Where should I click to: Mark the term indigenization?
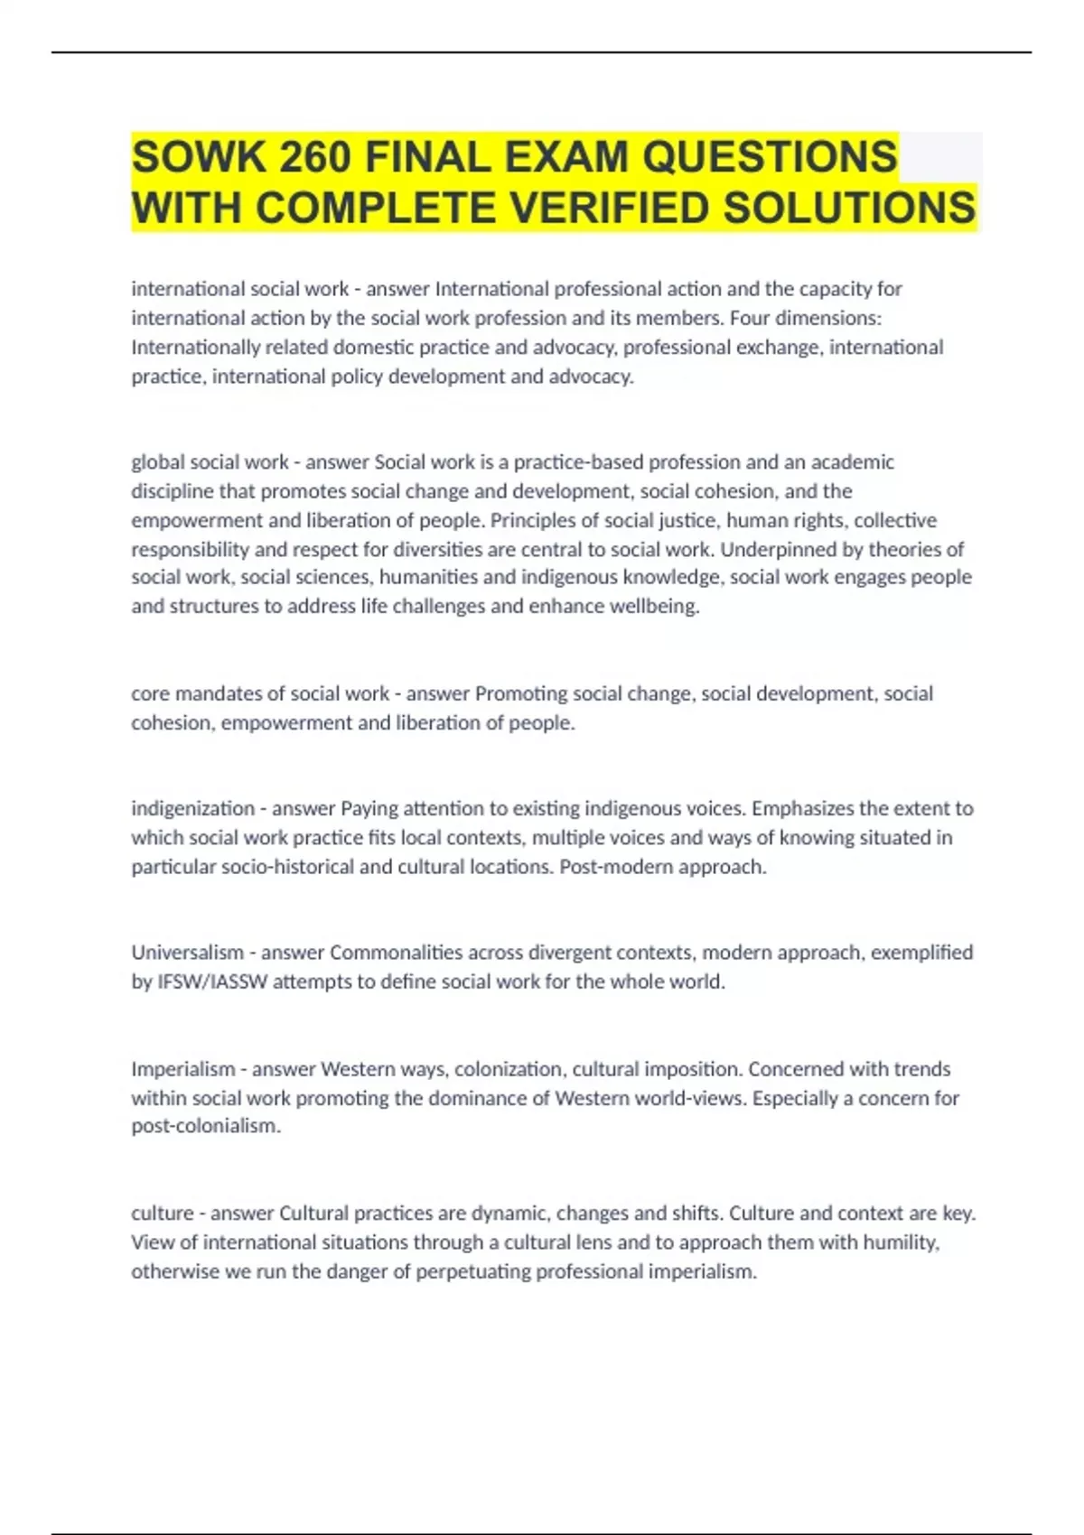point(192,808)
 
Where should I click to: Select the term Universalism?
point(187,953)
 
